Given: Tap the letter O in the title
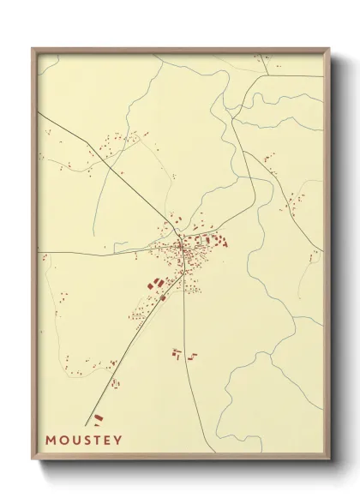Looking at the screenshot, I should click(x=63, y=441).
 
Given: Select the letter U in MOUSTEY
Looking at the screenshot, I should click(x=76, y=441).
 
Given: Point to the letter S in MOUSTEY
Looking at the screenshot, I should click(x=88, y=441).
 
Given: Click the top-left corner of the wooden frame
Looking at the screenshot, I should click(x=33, y=49).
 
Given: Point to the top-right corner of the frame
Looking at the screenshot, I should click(x=329, y=49).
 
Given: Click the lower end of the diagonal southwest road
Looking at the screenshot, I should click(x=88, y=424).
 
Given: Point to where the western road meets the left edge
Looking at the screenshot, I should click(x=39, y=252).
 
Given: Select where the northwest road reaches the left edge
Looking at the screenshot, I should click(x=39, y=112).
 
